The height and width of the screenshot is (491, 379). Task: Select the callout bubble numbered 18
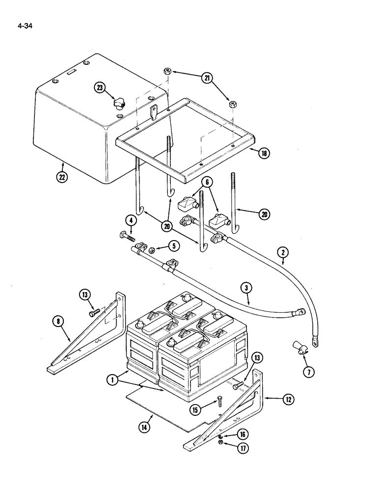264,153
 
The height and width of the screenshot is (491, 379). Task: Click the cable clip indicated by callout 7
299,349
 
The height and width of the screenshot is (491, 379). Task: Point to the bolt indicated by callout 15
219,403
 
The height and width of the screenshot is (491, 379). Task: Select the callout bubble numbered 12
288,399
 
